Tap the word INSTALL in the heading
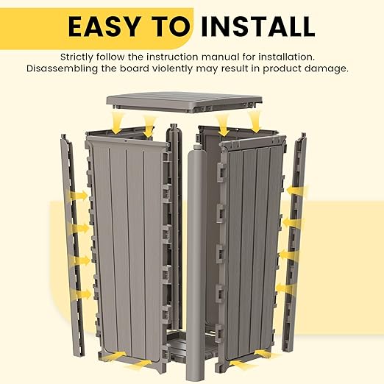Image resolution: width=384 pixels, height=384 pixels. [257, 26]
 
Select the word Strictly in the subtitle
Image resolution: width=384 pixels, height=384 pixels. [77, 57]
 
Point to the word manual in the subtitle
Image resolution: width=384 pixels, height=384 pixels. [220, 57]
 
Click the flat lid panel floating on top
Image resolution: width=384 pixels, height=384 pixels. [184, 102]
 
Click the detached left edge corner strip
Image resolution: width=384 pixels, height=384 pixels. [73, 245]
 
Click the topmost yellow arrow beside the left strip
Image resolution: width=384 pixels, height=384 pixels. [78, 196]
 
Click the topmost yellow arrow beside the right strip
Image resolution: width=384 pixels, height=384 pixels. [297, 191]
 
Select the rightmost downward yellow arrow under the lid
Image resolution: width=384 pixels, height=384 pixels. [255, 121]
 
